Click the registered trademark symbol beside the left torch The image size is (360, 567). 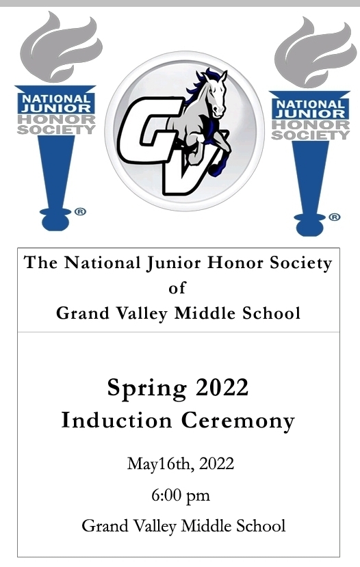80,211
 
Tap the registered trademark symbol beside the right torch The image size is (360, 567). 334,217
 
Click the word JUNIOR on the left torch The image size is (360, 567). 56,108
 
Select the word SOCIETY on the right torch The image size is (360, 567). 311,135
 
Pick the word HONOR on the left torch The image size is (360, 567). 56,119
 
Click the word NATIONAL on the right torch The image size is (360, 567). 311,104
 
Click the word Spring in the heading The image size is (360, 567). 147,388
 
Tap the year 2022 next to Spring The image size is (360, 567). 222,387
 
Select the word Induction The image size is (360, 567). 116,420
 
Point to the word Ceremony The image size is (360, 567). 238,421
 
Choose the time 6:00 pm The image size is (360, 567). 181,495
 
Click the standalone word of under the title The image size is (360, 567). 177,288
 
